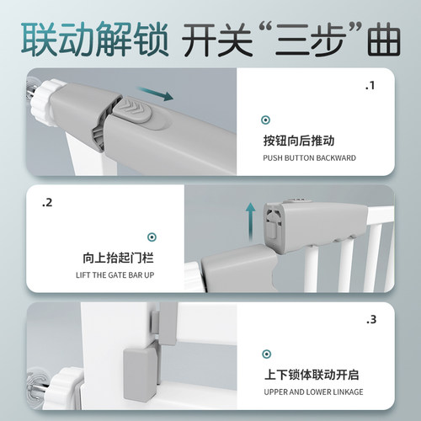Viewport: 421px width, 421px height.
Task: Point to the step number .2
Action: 48,203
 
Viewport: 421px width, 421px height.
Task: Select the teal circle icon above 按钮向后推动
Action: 266,120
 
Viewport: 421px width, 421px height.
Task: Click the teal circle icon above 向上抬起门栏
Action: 152,238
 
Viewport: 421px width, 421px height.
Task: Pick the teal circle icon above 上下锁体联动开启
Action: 266,355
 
